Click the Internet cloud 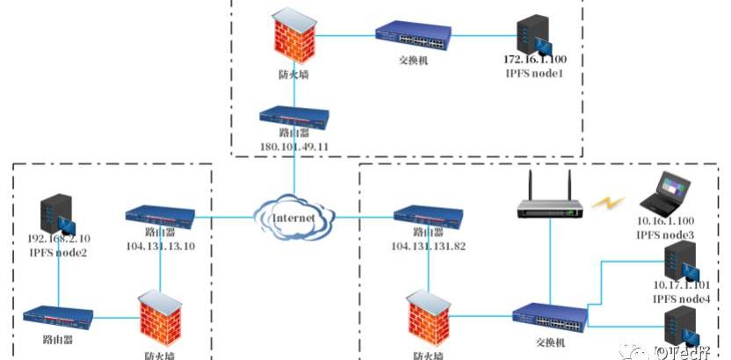[294, 215]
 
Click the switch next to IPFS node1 [411, 36]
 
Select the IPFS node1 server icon [531, 32]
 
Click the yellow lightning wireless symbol [606, 204]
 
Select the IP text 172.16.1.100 [535, 60]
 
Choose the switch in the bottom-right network [549, 316]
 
